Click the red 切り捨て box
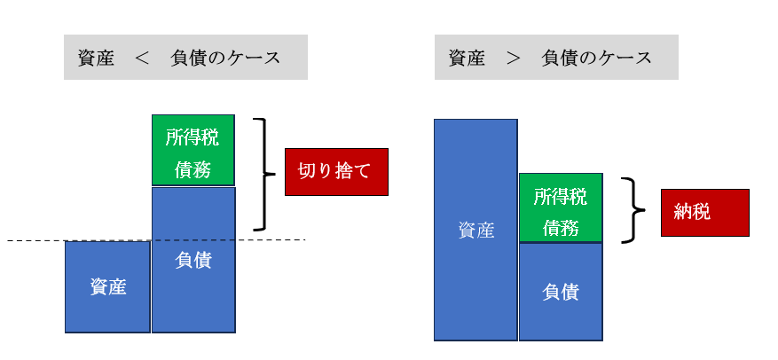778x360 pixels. pos(336,171)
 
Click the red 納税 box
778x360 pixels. pos(705,212)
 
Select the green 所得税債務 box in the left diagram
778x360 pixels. pos(193,150)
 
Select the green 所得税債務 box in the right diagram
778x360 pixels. pos(561,207)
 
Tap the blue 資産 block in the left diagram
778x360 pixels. pos(107,286)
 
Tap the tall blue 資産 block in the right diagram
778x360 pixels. pos(475,230)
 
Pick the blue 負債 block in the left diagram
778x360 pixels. pos(193,260)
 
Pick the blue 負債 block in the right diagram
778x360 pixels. pos(561,292)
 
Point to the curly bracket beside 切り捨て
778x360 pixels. pos(266,174)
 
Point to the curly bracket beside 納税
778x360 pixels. pos(635,210)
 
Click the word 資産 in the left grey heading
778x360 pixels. pos(96,59)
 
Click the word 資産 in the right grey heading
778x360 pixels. pos(467,59)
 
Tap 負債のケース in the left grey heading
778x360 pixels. pos(225,59)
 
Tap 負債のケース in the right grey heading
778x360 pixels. pos(596,59)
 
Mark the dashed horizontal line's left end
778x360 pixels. pos(7,241)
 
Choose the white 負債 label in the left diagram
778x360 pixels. pos(193,260)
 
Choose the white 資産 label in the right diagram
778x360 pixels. pos(475,231)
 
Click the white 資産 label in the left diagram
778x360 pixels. pos(107,287)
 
